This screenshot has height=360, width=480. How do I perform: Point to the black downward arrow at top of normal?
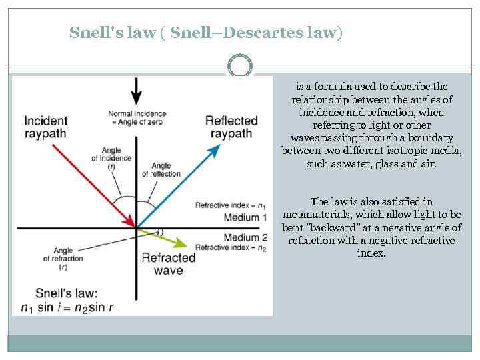(137, 89)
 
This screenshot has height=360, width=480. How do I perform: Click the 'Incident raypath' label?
(46, 127)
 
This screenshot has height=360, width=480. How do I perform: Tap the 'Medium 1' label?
(245, 218)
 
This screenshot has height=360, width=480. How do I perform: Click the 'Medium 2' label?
(245, 237)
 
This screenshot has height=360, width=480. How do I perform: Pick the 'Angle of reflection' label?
(161, 169)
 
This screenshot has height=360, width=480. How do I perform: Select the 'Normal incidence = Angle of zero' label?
(137, 117)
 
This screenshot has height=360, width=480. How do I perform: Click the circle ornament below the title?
(241, 66)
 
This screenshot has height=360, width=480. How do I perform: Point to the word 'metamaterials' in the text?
(317, 215)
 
